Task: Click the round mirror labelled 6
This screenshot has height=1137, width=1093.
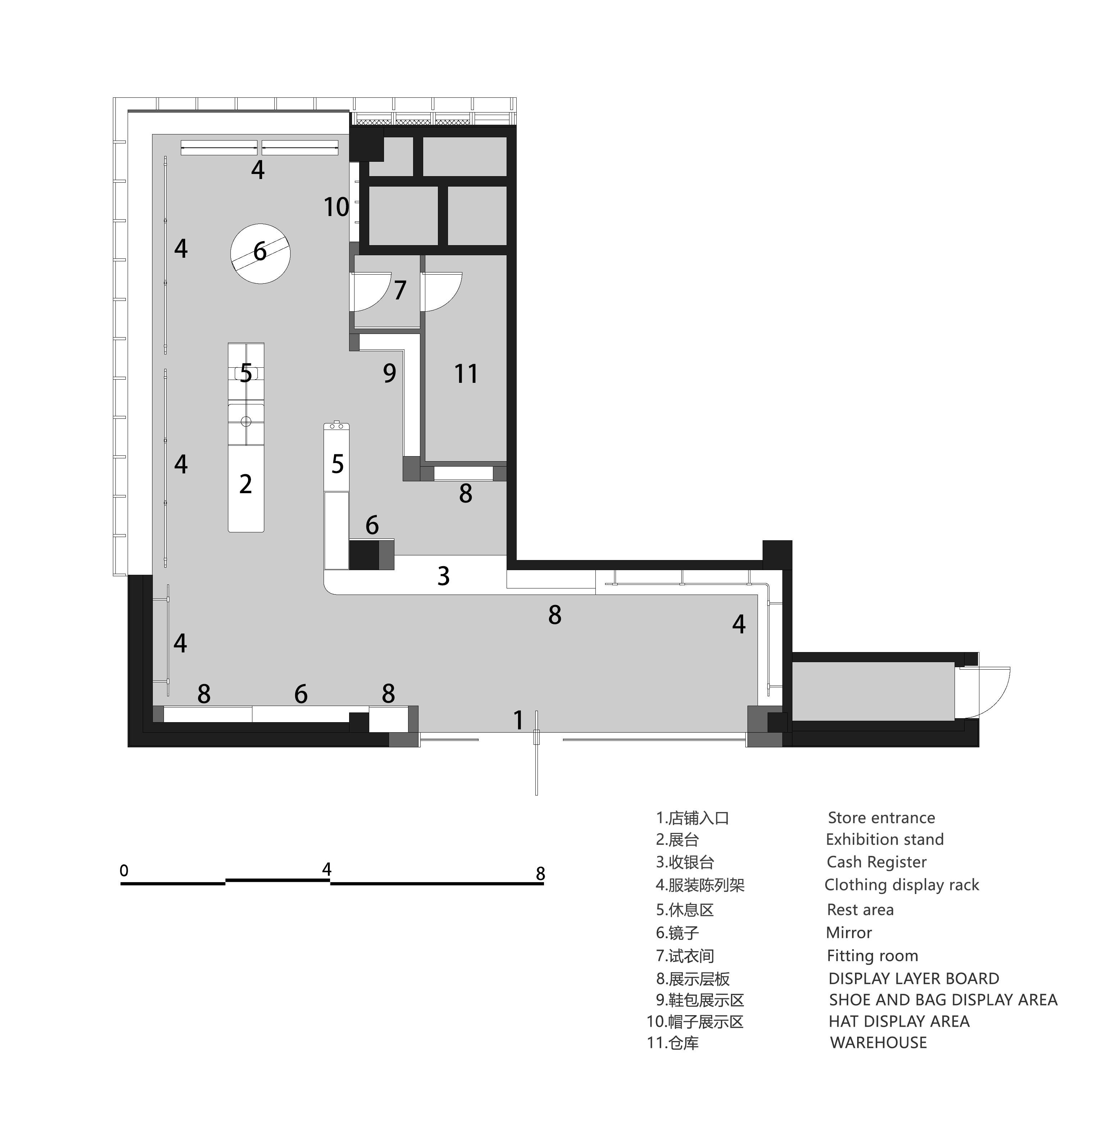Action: [x=261, y=253]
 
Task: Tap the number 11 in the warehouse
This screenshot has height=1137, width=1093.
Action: [x=466, y=373]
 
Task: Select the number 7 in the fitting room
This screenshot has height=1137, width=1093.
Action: [x=400, y=290]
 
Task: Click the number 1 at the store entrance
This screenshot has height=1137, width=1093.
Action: [x=519, y=720]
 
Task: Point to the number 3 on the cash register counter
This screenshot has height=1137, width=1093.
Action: [x=443, y=576]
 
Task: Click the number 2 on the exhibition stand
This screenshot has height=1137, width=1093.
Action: [x=246, y=484]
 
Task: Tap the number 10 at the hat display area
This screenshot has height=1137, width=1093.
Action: [x=337, y=207]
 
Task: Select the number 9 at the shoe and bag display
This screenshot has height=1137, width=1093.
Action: [x=389, y=373]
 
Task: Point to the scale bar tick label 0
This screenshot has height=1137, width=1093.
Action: [x=124, y=870]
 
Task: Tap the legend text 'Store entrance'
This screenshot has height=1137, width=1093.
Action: [x=881, y=817]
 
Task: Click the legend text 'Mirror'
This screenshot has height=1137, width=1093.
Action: [x=849, y=932]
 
